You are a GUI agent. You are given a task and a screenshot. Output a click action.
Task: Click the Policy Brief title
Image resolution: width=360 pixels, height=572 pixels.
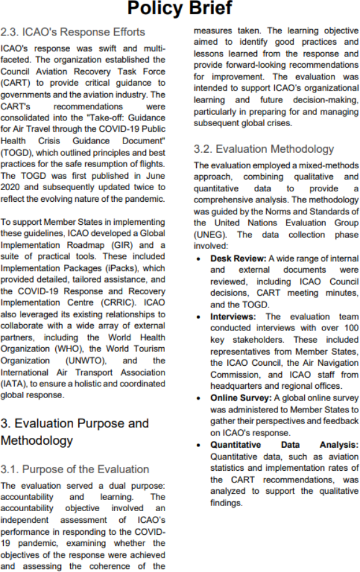[179, 8]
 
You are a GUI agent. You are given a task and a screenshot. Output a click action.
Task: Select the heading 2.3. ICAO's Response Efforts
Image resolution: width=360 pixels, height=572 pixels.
[73, 32]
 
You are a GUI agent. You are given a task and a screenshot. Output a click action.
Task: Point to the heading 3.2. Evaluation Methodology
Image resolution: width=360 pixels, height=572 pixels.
[264, 149]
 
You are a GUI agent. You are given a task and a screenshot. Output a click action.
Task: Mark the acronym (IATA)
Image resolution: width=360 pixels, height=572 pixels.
[14, 384]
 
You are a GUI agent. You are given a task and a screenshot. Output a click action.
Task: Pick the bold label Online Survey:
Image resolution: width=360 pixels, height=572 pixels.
[241, 398]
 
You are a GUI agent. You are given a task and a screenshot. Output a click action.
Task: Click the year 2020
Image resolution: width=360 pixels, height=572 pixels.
[12, 188]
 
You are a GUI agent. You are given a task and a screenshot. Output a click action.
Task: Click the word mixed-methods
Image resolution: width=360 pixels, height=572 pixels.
[329, 166]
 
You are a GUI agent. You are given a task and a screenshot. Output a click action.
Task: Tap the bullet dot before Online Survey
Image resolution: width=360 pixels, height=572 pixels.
[198, 398]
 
